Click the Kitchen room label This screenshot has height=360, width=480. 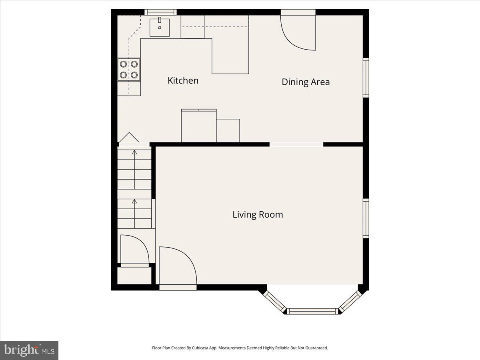click(183, 80)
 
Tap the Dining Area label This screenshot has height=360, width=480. click(306, 82)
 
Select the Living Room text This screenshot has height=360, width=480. click(258, 214)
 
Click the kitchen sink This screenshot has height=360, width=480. click(160, 27)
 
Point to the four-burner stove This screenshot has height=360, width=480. click(129, 69)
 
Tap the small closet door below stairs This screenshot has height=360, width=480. click(134, 250)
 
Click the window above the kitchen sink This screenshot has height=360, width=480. click(160, 12)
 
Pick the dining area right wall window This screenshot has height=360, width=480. click(366, 78)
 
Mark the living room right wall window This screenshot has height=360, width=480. click(366, 218)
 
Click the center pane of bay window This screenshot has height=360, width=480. click(312, 311)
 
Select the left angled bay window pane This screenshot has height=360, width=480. click(274, 302)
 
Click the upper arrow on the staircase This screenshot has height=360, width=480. click(134, 152)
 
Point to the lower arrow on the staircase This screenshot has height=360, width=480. click(134, 202)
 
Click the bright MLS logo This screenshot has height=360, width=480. click(29, 350)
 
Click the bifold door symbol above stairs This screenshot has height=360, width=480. click(129, 138)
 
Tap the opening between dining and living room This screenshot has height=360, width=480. click(296, 144)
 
